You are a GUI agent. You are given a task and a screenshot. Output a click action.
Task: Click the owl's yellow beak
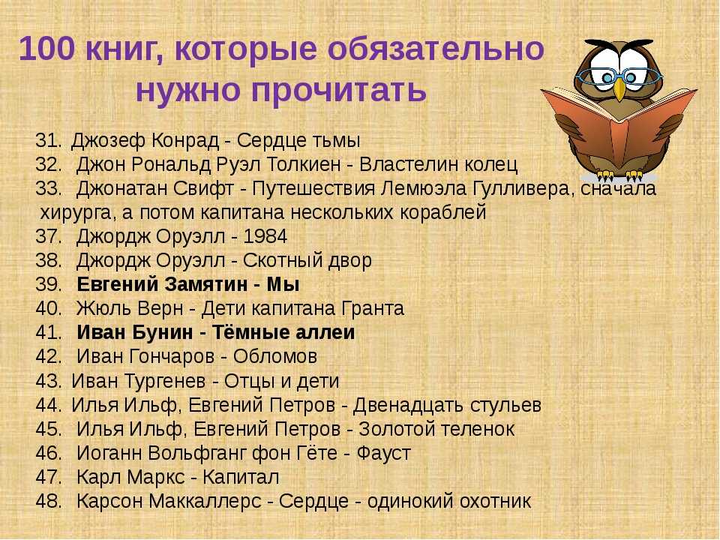619,88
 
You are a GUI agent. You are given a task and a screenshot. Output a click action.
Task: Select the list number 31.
48,140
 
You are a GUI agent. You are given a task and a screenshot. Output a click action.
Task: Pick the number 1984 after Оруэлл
265,236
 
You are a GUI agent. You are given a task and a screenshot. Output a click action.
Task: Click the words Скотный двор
307,260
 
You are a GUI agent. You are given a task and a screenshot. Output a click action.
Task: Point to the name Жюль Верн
130,308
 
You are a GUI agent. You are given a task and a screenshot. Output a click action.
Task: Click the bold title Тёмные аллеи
283,332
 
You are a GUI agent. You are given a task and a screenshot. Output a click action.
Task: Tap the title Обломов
275,356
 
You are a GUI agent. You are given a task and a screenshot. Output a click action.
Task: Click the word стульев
505,405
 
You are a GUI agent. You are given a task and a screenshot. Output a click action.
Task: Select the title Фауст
383,453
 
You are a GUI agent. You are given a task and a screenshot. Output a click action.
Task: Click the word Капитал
241,477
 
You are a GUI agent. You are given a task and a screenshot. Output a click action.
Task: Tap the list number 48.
49,501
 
